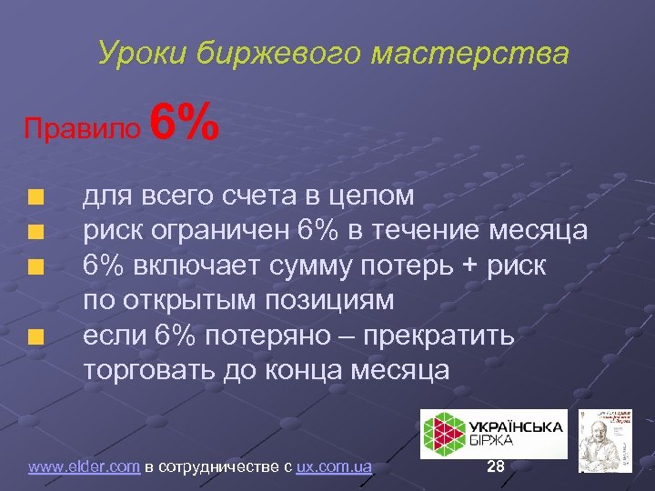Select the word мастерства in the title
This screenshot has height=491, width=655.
point(470,53)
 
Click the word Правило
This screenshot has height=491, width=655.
point(83,128)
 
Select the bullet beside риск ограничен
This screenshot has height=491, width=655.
point(35,232)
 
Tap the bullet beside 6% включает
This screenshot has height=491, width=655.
point(35,267)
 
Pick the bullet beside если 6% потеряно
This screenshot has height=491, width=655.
point(35,338)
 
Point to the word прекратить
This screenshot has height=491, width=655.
point(440,336)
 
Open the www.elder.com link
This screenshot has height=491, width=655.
point(84,467)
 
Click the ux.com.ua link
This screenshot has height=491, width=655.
point(334,467)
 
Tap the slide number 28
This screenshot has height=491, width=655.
point(496,466)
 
